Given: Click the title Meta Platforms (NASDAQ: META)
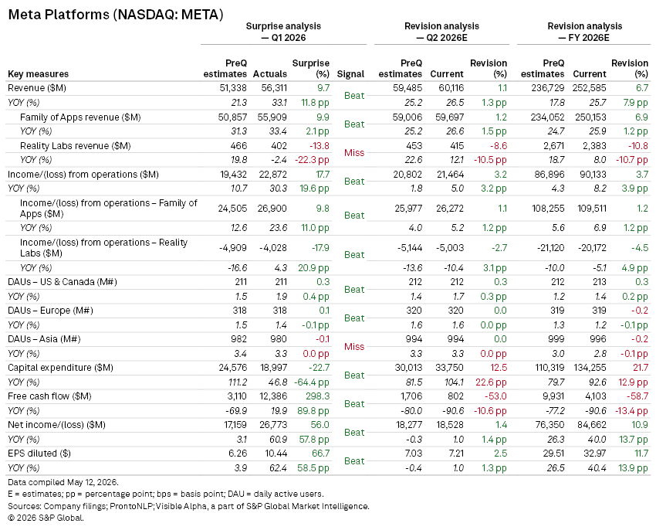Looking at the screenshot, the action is (116, 15).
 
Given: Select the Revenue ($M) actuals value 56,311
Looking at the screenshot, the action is (274, 88).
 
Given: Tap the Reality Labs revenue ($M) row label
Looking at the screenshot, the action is (76, 146).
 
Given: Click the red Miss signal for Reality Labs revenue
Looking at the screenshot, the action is (354, 152).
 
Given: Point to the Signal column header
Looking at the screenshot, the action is (350, 74).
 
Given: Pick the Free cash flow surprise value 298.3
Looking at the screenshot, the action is (317, 396).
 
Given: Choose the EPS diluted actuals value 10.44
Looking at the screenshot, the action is (276, 454).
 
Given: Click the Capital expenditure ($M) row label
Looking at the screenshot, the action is (60, 368).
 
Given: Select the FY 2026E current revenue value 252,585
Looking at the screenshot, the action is (590, 88).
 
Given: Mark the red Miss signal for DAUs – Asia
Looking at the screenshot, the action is (354, 346).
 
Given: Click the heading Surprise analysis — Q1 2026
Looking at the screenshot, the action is (283, 32).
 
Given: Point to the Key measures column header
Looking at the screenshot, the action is (38, 74).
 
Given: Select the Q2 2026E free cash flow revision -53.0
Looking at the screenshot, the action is (495, 396).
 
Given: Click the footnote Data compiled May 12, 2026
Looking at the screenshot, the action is (63, 482).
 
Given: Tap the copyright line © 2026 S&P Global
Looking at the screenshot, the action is (46, 518).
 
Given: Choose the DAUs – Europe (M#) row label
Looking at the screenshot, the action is (50, 311).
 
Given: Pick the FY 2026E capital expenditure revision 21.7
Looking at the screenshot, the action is (640, 368).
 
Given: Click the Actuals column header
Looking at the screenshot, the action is (270, 74).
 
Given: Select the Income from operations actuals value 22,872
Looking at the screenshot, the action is (272, 175).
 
